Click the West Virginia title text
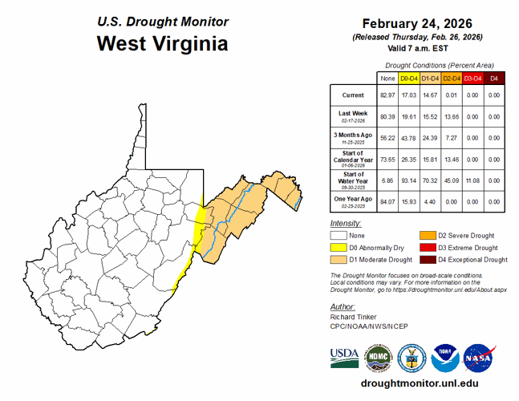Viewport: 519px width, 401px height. point(162,43)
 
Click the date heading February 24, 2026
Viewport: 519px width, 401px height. point(420,22)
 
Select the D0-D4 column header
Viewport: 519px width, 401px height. point(409,78)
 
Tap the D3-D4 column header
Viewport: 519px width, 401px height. point(472,78)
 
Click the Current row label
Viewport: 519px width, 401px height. point(353,95)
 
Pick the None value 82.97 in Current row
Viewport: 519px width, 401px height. point(387,95)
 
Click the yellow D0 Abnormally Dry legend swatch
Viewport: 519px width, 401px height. point(340,248)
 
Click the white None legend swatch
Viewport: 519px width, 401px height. point(340,236)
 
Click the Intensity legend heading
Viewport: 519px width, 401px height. point(345,222)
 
